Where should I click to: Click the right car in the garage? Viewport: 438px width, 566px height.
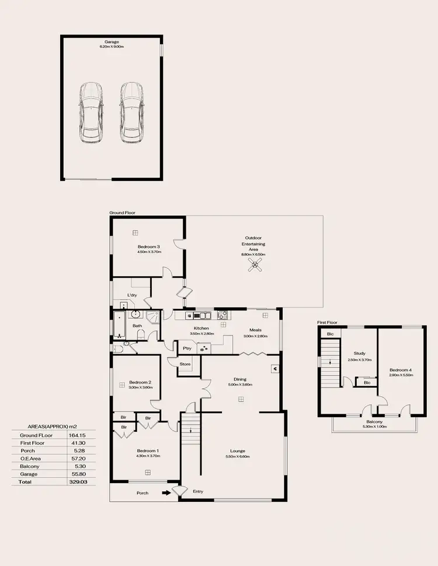click(131, 112)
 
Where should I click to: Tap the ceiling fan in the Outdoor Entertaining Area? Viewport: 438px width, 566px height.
click(253, 267)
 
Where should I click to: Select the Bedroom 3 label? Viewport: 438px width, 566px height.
click(149, 247)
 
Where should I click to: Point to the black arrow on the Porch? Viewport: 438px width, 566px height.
click(167, 493)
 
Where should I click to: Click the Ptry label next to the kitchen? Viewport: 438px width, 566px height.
click(187, 348)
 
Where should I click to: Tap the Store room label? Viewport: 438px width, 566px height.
click(185, 364)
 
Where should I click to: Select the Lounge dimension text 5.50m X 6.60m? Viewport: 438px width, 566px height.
click(237, 456)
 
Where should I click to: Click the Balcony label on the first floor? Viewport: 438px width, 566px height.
click(374, 421)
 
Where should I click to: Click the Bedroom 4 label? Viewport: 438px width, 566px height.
click(401, 369)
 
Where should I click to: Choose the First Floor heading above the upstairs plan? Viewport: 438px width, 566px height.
click(328, 322)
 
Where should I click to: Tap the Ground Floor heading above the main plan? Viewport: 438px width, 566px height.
click(122, 213)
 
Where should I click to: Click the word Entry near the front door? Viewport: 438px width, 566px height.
click(198, 491)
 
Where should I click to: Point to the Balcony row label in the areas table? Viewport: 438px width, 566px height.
click(29, 467)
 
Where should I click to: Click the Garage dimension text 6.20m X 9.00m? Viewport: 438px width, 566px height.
click(112, 46)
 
